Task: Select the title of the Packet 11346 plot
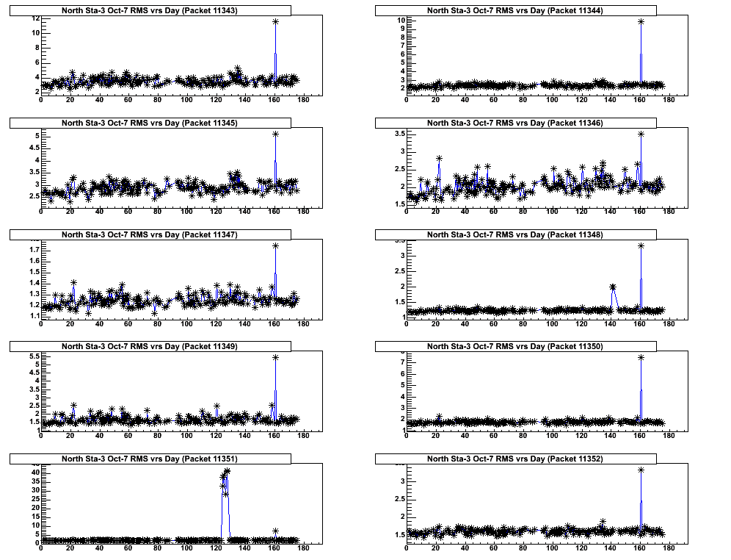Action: (515, 123)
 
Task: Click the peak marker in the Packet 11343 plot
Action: (275, 22)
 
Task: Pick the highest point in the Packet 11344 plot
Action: (641, 21)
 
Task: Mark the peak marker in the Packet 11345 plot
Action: (275, 134)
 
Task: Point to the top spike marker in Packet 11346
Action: (641, 134)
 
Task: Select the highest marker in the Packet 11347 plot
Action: (275, 246)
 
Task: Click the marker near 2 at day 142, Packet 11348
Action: (613, 287)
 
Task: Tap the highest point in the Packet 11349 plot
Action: (275, 357)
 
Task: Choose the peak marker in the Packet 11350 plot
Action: (641, 357)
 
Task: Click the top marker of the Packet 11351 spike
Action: (228, 471)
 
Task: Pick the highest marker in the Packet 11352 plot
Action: (641, 470)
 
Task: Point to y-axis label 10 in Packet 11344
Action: (401, 20)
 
